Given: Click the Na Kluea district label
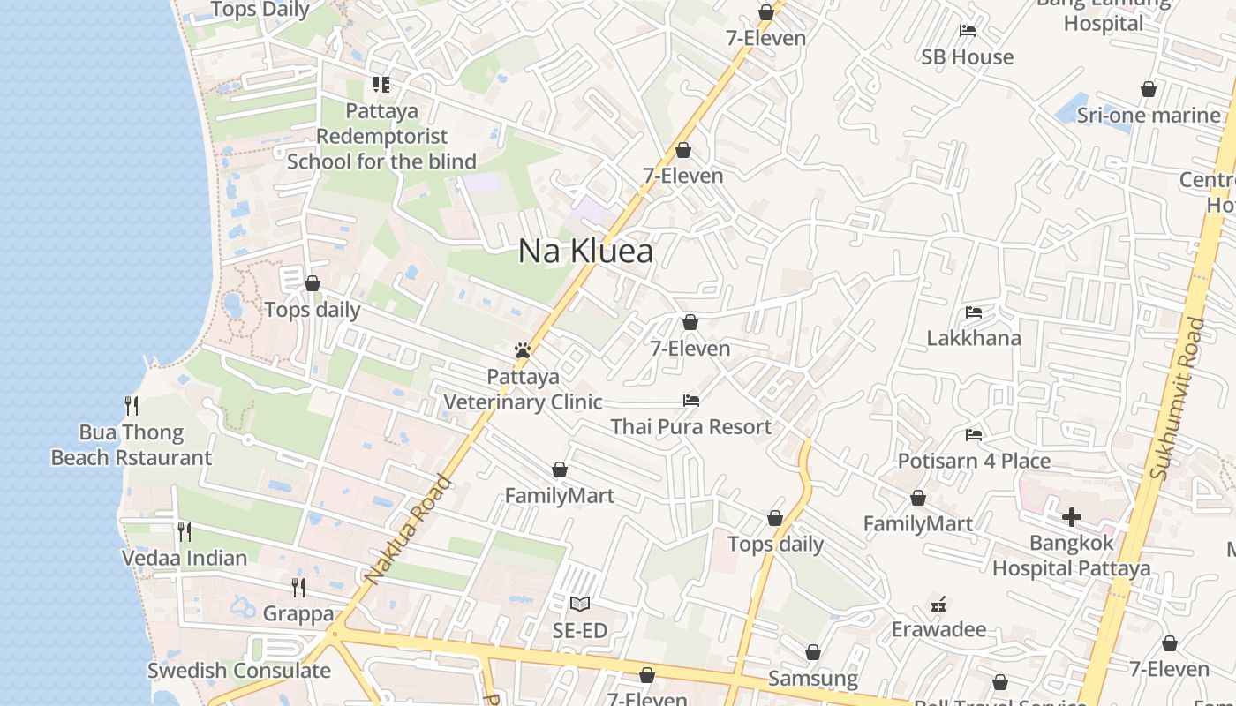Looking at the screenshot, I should point(585,252).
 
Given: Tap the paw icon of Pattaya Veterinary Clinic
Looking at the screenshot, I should point(523,350).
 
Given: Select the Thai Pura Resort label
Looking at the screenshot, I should point(691,427).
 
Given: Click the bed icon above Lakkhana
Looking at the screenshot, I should point(974,312).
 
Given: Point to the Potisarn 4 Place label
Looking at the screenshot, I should point(974,461).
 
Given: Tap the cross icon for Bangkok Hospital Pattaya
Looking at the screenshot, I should point(1072,516).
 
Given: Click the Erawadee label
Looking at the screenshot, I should point(938,629).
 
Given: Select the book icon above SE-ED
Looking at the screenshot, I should point(579,605).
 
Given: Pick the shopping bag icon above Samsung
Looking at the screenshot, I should point(813,652).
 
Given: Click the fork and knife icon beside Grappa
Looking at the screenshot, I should point(298,587).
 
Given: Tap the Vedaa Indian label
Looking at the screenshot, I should point(185,558).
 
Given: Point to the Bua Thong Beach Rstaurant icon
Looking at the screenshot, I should point(132,406).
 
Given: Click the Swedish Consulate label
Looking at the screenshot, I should point(238,671).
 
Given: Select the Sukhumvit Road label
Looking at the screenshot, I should point(1179,399).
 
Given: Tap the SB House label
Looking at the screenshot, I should point(968,57).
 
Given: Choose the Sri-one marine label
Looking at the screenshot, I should point(1149,116).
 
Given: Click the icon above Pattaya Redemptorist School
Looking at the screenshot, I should point(381,85).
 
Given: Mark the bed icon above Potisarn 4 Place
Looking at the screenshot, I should point(974,434).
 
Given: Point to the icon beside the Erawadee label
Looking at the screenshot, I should point(938,605).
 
